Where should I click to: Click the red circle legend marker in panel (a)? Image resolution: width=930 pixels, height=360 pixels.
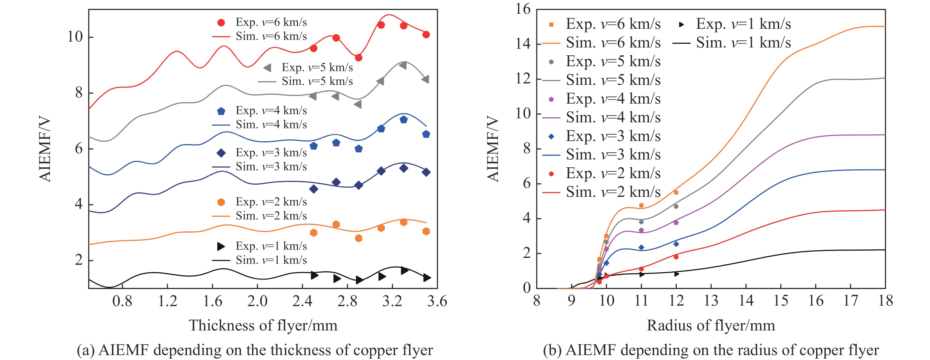point(221,23)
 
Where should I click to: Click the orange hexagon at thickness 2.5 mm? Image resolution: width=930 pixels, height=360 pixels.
point(314,233)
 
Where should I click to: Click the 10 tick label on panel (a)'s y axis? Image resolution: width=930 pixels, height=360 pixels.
point(75,37)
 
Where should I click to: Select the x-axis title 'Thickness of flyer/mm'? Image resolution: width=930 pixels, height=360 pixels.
point(263,325)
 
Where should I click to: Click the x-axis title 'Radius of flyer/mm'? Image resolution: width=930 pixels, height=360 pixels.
point(711,325)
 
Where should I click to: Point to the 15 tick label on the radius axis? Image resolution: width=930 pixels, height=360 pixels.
point(780,301)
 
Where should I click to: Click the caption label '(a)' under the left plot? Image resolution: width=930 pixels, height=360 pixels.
point(86,350)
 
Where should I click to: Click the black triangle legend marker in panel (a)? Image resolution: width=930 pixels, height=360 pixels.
point(221,247)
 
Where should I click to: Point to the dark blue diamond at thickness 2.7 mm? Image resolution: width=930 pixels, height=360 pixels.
point(336,182)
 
